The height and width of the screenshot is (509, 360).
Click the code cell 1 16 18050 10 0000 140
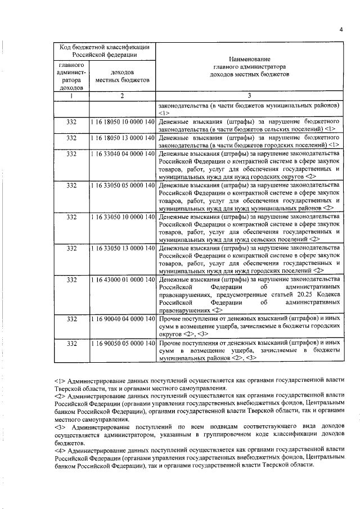click(122, 121)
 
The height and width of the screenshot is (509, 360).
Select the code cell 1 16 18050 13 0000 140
click(122, 137)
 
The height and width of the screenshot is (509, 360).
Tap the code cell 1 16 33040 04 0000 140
click(122, 153)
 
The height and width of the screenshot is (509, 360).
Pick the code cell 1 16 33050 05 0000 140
click(122, 184)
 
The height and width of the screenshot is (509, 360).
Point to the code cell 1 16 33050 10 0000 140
click(122, 216)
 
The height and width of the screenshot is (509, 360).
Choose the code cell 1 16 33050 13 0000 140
click(122, 247)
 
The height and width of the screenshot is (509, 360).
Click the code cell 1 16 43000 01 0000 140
click(122, 279)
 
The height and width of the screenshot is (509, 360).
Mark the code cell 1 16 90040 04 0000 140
click(122, 318)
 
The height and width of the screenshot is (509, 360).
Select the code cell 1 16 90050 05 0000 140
click(122, 342)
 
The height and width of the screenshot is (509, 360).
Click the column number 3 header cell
click(250, 95)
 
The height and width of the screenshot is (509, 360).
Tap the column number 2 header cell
click(122, 95)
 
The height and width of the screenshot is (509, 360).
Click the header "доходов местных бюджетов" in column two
click(122, 76)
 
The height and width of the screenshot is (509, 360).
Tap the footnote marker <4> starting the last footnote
click(59, 451)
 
